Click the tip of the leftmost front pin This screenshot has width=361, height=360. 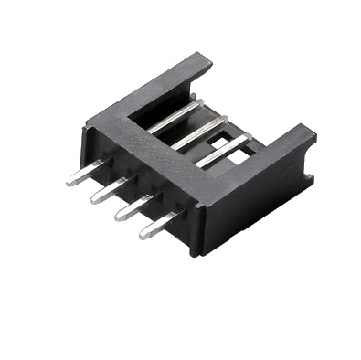69,183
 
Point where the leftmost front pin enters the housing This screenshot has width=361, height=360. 103,167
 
